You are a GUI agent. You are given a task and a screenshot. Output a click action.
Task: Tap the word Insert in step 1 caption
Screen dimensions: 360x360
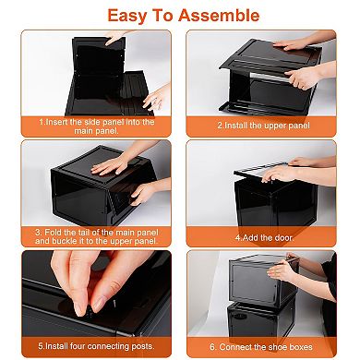pos(61,121)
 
